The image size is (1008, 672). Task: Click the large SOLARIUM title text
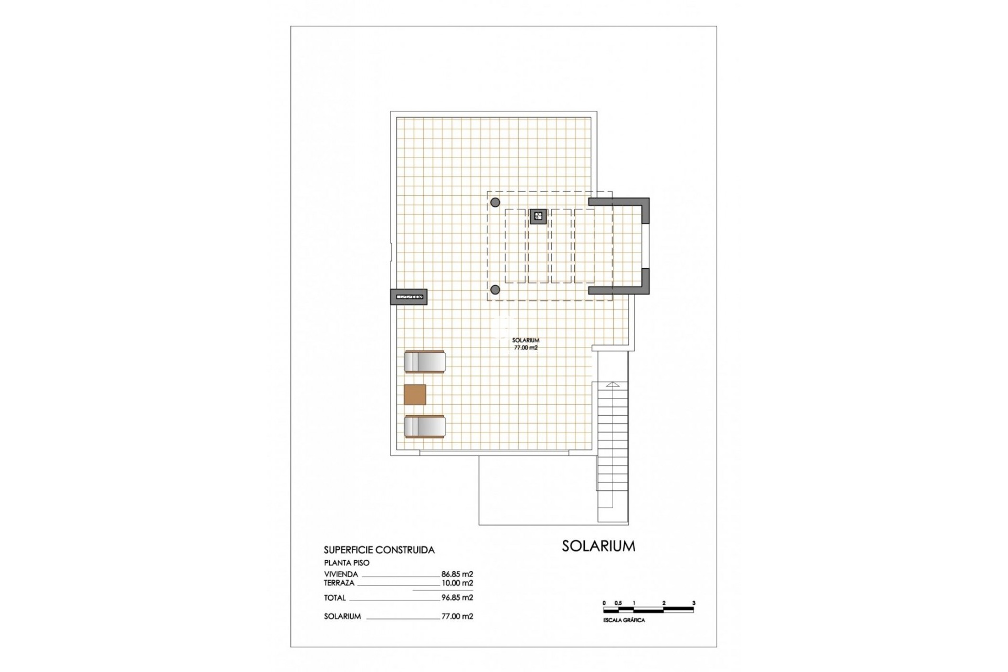[598, 546]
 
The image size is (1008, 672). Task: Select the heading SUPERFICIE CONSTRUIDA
[379, 550]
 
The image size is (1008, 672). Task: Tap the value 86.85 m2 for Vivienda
[457, 574]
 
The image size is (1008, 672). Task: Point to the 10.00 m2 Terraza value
[457, 583]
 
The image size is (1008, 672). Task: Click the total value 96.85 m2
[457, 597]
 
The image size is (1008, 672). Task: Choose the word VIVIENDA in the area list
[341, 574]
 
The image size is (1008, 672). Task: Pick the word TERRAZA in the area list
[339, 583]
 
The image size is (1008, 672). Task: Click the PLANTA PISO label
[346, 563]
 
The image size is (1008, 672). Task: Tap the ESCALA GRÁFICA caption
[624, 621]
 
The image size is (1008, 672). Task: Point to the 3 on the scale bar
[694, 603]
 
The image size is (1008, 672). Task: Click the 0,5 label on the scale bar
[618, 603]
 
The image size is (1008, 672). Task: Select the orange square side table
[415, 394]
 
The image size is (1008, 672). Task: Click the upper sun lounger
[425, 362]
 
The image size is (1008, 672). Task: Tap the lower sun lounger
[425, 426]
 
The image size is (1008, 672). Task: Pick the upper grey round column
[495, 202]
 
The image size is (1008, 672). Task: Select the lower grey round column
[495, 289]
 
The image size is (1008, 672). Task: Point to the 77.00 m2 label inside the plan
[526, 348]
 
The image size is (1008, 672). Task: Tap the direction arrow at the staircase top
[613, 385]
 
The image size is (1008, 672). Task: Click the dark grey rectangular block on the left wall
[408, 297]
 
